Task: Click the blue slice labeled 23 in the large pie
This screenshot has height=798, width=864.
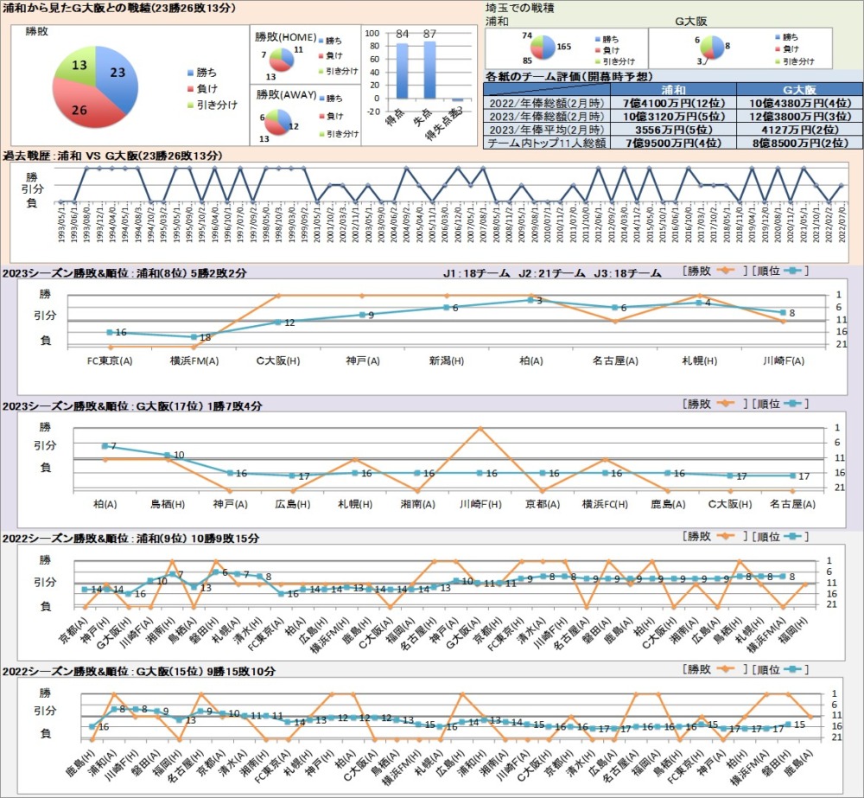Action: point(117,73)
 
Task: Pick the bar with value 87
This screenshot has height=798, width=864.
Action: point(429,69)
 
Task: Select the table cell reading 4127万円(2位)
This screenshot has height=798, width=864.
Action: point(799,130)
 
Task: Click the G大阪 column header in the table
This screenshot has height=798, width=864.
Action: point(799,89)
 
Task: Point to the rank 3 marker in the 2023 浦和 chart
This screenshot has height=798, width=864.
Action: point(530,300)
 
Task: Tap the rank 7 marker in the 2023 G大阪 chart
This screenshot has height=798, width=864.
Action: point(105,446)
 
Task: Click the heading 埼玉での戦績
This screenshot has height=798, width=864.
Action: point(520,7)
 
